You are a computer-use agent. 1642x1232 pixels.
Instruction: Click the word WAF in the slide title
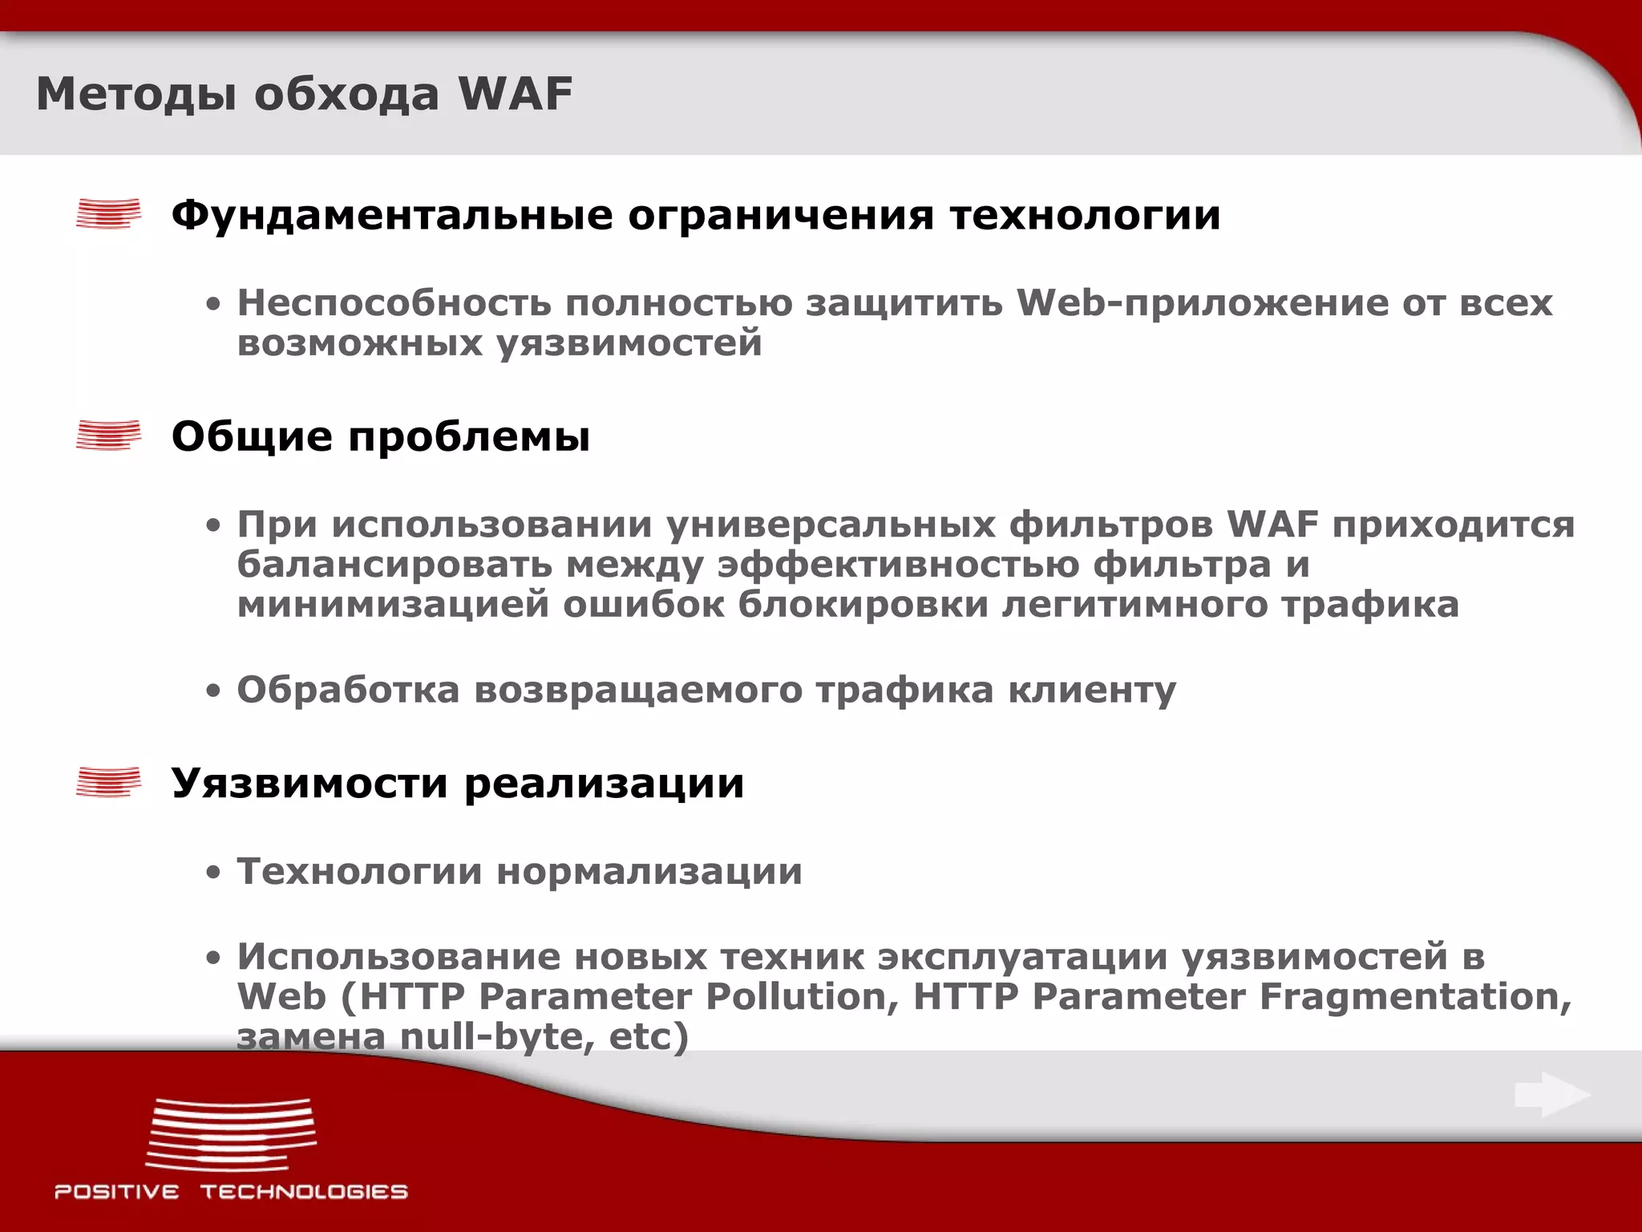point(516,94)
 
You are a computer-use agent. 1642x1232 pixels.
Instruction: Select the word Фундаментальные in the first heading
point(392,215)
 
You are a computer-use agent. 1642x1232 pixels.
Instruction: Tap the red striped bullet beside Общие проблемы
point(108,435)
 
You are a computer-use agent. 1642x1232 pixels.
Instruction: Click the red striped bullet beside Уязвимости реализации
point(108,782)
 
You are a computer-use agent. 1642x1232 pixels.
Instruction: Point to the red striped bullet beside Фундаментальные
point(108,214)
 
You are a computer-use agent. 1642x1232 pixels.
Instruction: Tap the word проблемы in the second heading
point(469,437)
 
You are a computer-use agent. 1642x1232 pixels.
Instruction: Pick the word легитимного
point(1134,605)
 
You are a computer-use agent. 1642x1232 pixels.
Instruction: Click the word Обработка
point(348,690)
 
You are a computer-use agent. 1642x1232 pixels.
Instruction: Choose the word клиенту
point(1092,690)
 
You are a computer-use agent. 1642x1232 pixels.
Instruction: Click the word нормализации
point(649,872)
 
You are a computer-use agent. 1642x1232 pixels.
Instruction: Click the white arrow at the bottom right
point(1552,1095)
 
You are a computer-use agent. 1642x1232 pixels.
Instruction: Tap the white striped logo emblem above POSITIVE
point(231,1135)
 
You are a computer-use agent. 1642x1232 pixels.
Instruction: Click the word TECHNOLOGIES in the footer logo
point(304,1192)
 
